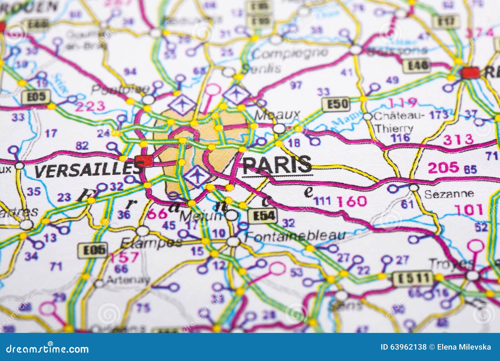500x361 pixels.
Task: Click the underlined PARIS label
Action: [277, 164]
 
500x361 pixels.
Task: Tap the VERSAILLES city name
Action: [87, 170]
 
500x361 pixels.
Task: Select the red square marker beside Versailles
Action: [144, 161]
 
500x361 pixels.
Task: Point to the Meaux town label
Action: [277, 115]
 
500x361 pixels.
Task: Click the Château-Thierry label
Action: [395, 122]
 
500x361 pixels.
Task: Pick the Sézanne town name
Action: [449, 194]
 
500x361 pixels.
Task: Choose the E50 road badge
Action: [335, 104]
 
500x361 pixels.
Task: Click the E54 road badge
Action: [262, 216]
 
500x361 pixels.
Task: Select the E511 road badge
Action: [412, 277]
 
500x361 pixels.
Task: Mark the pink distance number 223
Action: [91, 107]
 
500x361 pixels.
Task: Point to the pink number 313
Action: [458, 139]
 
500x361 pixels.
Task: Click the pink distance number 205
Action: [443, 168]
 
